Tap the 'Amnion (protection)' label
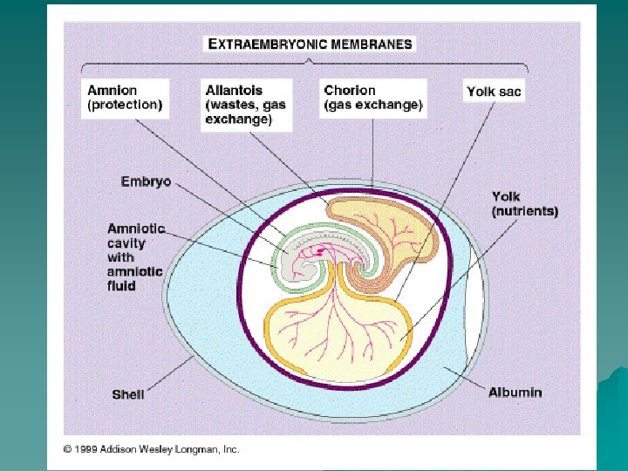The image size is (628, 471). coord(125,98)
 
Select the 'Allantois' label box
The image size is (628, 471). coord(244,105)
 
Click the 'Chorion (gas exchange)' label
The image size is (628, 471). coord(373,98)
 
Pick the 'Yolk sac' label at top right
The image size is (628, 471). coord(495,91)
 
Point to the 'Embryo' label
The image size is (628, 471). coord(146,182)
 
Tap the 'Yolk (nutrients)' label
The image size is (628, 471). coord(524,204)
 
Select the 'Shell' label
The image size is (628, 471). coord(128,394)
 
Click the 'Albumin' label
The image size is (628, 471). coord(515,392)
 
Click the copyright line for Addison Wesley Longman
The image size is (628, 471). coord(151,449)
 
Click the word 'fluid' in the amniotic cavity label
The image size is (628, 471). coord(122,285)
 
